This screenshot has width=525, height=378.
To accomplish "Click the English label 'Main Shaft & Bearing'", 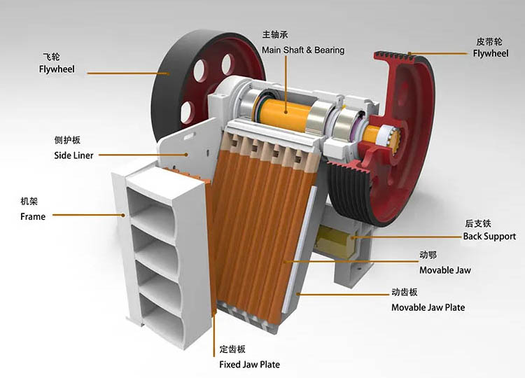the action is pos(303,50).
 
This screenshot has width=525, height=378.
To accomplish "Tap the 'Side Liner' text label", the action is pos(73,155).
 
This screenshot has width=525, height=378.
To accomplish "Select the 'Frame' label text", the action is pos(33,216).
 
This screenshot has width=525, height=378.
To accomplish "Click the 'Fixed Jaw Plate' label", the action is pos(249,364).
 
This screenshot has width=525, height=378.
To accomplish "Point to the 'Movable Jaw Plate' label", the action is pos(428,307).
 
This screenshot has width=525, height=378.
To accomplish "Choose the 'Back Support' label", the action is pos(489,237).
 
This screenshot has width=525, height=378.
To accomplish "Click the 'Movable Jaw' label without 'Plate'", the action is pos(445,270).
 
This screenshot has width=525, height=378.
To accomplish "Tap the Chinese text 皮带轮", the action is pos(489,41).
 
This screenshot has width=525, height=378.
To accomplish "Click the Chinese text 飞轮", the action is pos(51,57).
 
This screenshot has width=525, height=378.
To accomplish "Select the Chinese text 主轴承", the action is pos(275,34).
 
